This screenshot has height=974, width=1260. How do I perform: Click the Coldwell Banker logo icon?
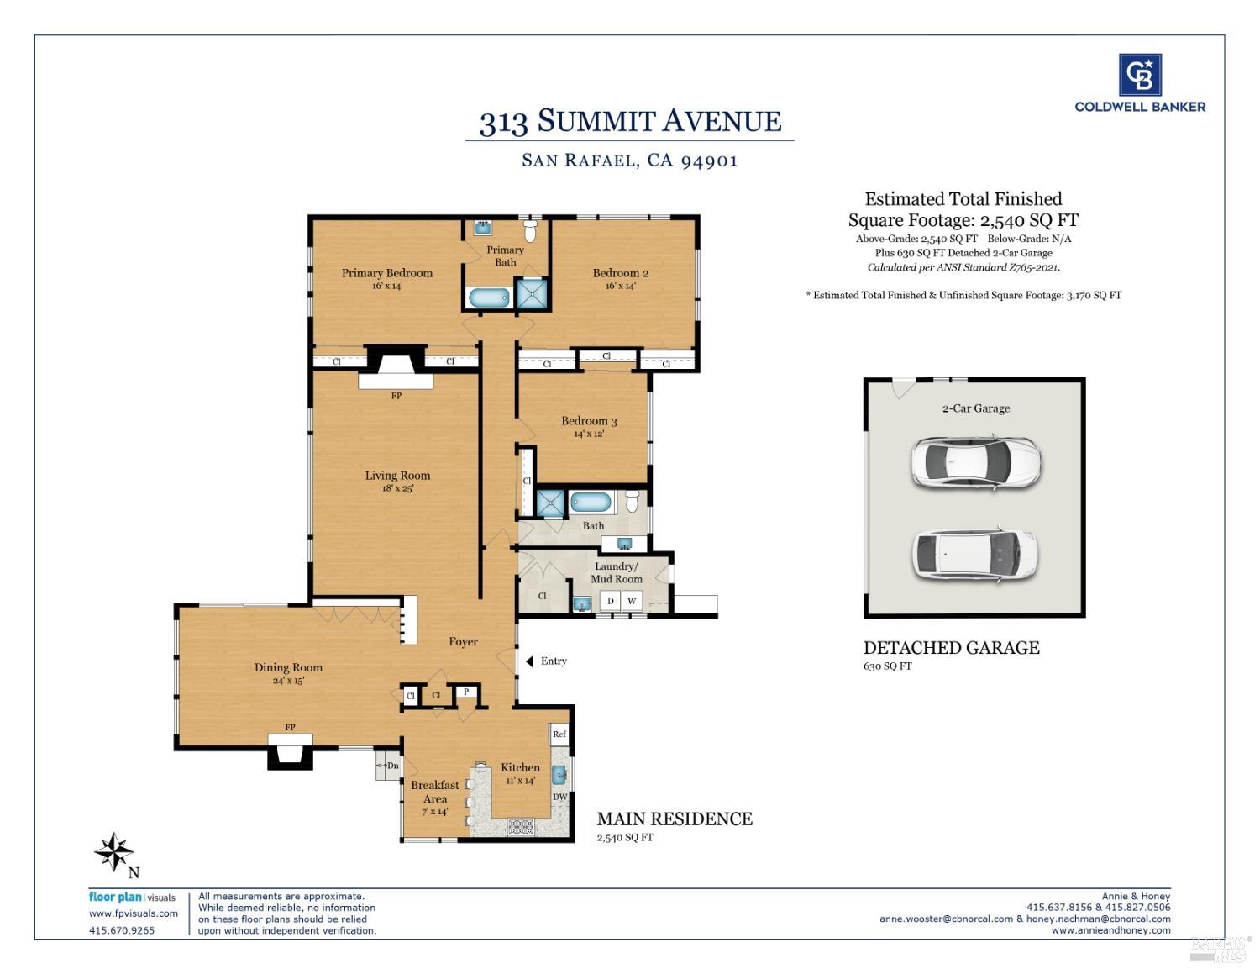[x=1140, y=75]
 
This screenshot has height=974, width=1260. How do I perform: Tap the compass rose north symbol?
[x=114, y=853]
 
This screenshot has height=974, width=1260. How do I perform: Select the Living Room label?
[x=397, y=476]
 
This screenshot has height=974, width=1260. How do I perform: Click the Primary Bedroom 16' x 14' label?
[x=386, y=278]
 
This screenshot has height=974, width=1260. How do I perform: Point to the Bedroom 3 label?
[x=589, y=421]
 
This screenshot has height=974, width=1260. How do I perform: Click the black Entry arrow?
[x=530, y=661]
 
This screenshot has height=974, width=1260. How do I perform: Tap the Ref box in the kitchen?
[x=559, y=734]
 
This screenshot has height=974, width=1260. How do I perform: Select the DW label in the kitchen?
[x=559, y=798]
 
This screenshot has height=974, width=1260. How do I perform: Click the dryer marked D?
[x=610, y=601]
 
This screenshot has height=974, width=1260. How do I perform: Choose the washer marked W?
[x=632, y=601]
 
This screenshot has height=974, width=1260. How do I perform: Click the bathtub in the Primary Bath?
[x=488, y=297]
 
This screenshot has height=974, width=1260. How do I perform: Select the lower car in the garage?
[x=975, y=554]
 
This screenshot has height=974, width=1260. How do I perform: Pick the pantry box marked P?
[x=466, y=692]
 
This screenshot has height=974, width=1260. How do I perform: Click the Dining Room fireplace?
[x=290, y=750]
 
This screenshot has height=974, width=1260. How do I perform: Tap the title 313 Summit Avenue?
[x=630, y=122]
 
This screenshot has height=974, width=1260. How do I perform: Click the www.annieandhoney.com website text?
[x=1110, y=930]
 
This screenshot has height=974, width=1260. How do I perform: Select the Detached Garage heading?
[x=951, y=648]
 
